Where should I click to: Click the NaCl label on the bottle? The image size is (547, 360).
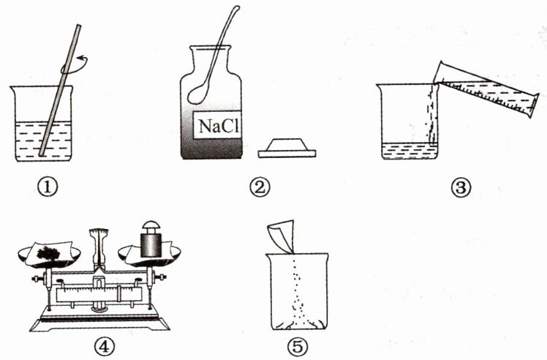(x=217, y=125)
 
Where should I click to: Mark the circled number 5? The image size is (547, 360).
(x=298, y=346)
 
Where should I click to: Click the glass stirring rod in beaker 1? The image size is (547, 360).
(x=60, y=89)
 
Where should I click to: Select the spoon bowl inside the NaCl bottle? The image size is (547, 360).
(x=197, y=94)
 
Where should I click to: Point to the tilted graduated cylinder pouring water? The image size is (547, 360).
(x=486, y=89)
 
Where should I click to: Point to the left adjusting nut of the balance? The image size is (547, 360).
(x=36, y=279)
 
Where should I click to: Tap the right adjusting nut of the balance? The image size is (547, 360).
(x=161, y=277)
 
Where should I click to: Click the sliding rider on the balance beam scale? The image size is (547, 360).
(x=119, y=294)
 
